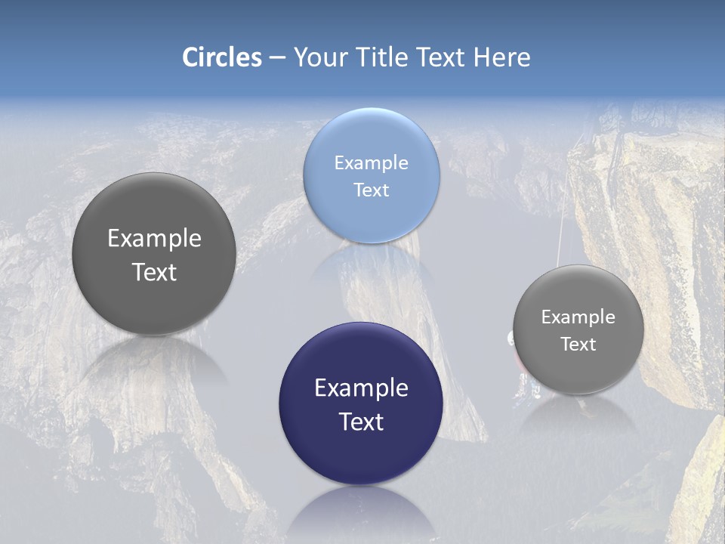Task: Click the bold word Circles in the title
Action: click(222, 57)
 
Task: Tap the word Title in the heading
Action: click(382, 57)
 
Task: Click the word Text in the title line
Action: click(441, 57)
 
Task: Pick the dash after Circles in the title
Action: click(276, 58)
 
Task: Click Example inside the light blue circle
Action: click(372, 163)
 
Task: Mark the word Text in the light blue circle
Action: click(372, 190)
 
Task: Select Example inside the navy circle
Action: click(361, 388)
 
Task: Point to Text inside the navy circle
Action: click(361, 422)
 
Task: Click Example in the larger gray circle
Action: click(154, 239)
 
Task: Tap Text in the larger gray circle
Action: click(154, 272)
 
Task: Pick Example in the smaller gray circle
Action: click(578, 317)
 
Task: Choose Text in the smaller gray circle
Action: click(578, 345)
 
